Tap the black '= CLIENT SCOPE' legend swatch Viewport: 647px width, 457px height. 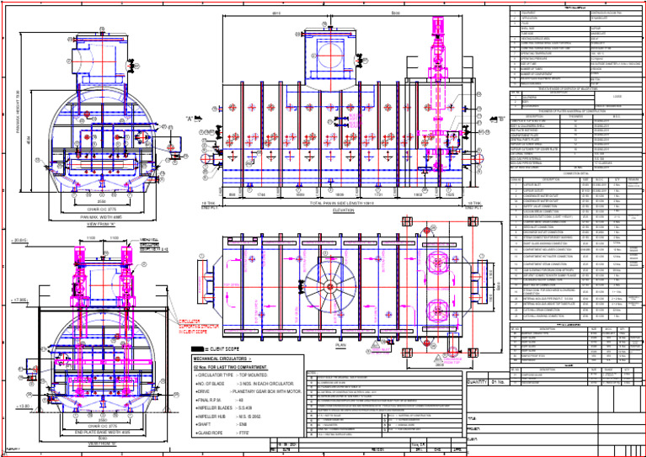pyautogui.click(x=197, y=348)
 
